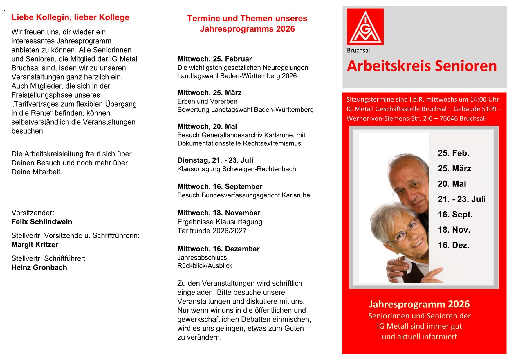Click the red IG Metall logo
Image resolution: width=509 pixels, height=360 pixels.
coord(365,27)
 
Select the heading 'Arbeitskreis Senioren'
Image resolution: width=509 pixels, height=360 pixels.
coord(422,66)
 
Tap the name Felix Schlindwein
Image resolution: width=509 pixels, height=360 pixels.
coord(42,222)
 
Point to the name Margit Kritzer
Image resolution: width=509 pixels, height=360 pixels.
coord(35,245)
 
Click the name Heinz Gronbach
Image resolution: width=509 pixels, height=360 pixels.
coord(39,267)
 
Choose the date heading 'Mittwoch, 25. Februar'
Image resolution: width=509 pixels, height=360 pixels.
coord(214,59)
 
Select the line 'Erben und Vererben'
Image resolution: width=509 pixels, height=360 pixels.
coord(207,101)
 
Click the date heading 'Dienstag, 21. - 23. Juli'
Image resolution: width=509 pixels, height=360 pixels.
coord(215,160)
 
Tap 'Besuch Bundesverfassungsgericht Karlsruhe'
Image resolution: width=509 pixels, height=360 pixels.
coord(243,195)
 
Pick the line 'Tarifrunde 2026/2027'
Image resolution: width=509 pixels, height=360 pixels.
coord(212,231)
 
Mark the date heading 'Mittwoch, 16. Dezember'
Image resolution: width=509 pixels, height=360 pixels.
coord(218,249)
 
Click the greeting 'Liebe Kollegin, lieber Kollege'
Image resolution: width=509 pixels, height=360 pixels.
coord(70,17)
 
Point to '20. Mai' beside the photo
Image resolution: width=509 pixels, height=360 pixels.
coord(452,184)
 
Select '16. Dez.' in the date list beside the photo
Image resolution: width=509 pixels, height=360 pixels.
coord(454,245)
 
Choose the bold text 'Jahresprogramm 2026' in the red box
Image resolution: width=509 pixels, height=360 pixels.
coord(419,304)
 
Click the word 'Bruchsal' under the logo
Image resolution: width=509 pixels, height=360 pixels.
coord(358,51)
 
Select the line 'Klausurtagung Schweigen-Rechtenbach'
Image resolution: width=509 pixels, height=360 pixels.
coord(237,169)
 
